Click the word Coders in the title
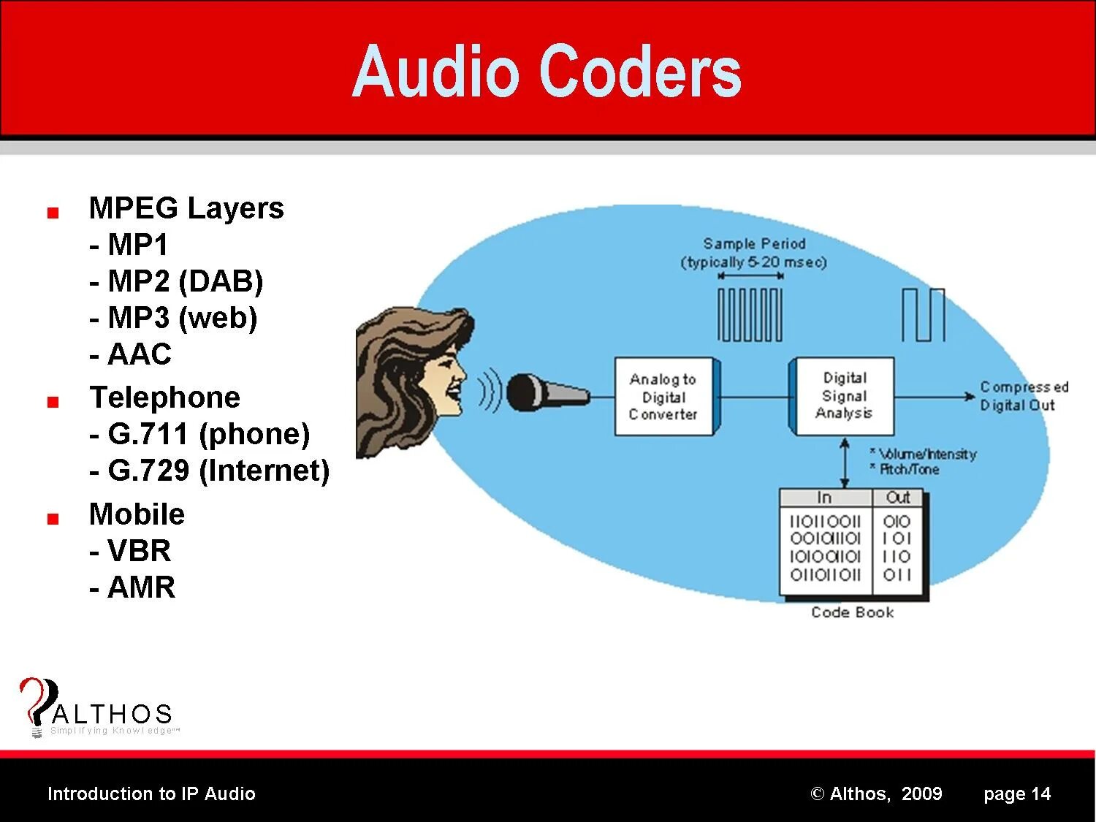pyautogui.click(x=640, y=72)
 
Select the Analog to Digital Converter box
pyautogui.click(x=663, y=397)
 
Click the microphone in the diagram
pyautogui.click(x=544, y=392)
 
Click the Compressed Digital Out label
pyautogui.click(x=1023, y=396)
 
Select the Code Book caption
pyautogui.click(x=852, y=612)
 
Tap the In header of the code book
pyautogui.click(x=824, y=498)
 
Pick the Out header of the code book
pyautogui.click(x=897, y=498)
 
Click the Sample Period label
pyautogui.click(x=754, y=244)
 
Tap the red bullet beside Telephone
pyautogui.click(x=53, y=402)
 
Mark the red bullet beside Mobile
pyautogui.click(x=53, y=519)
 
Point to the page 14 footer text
pyautogui.click(x=1016, y=794)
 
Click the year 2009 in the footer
pyautogui.click(x=921, y=794)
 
